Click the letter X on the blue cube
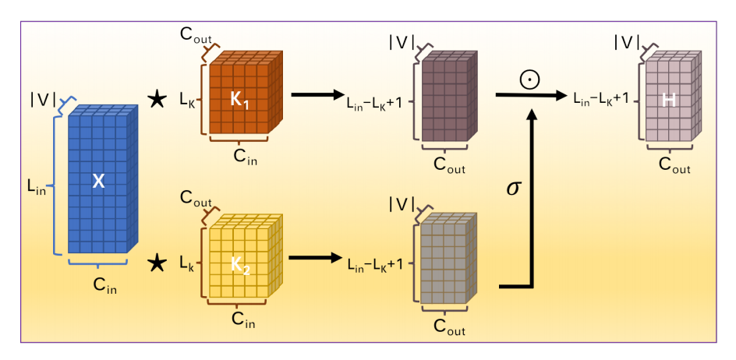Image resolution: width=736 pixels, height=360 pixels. [98, 181]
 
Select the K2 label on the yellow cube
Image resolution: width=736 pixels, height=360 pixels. [239, 266]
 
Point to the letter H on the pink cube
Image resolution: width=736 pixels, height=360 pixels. [668, 100]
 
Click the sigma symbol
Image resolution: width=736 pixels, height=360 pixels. [512, 189]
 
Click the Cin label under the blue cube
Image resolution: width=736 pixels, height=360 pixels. [104, 285]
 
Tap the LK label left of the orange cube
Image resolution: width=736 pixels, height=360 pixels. [186, 99]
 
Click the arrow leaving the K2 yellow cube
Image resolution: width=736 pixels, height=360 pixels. [314, 258]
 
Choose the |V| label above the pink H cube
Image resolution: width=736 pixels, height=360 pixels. [626, 40]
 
